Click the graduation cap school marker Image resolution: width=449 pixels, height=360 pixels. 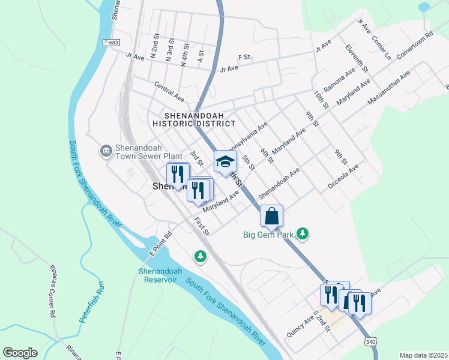point(225,161)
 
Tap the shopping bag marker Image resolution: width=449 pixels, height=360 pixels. point(271,216)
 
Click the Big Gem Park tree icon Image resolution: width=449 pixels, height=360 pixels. point(304,234)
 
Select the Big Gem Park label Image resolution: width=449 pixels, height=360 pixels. point(268,235)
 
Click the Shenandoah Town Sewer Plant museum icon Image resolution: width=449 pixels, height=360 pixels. point(106,150)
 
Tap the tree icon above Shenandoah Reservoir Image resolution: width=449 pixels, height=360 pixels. point(200,256)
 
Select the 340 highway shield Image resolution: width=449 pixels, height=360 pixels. point(370,341)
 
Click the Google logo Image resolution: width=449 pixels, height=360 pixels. point(20,353)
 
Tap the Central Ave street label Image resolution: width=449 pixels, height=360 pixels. point(169,91)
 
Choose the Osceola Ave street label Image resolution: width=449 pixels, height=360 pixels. point(343,177)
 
